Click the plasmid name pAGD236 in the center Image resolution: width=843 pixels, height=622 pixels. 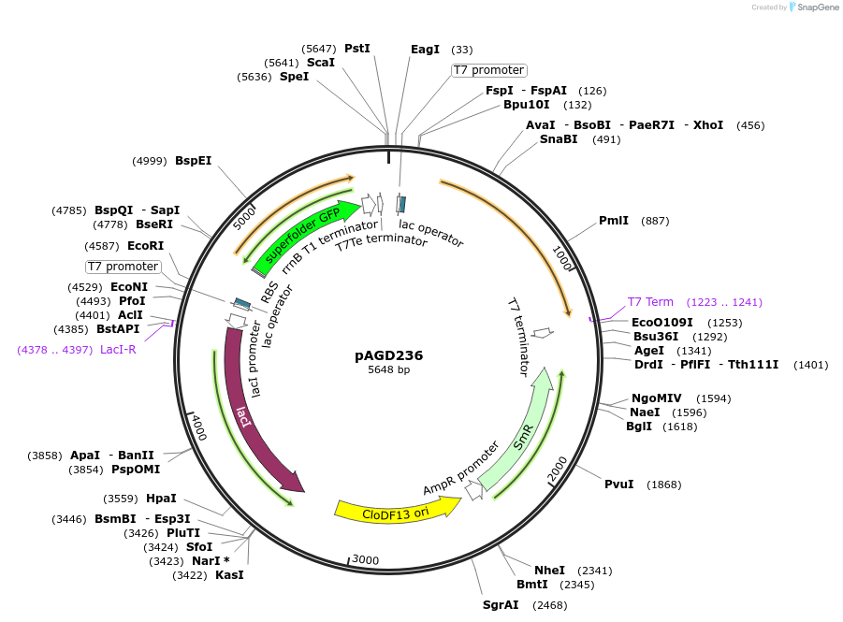(388, 355)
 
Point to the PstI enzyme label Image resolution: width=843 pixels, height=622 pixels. (357, 48)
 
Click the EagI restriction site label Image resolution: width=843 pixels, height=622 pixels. (425, 49)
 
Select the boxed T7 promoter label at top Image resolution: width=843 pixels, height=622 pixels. (488, 70)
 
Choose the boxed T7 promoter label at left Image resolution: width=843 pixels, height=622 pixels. (123, 267)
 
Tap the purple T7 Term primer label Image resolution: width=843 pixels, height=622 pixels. (650, 302)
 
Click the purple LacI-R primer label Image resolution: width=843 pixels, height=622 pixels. (118, 350)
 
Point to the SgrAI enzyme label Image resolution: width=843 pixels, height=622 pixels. (501, 605)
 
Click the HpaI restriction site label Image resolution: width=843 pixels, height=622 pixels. (161, 499)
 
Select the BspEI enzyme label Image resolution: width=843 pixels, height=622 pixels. (194, 160)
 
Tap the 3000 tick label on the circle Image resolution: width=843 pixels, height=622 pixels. (365, 559)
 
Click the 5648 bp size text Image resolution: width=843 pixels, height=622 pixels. (388, 370)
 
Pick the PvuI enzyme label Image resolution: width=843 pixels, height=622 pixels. (619, 484)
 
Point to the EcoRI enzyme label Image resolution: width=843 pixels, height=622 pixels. (146, 246)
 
